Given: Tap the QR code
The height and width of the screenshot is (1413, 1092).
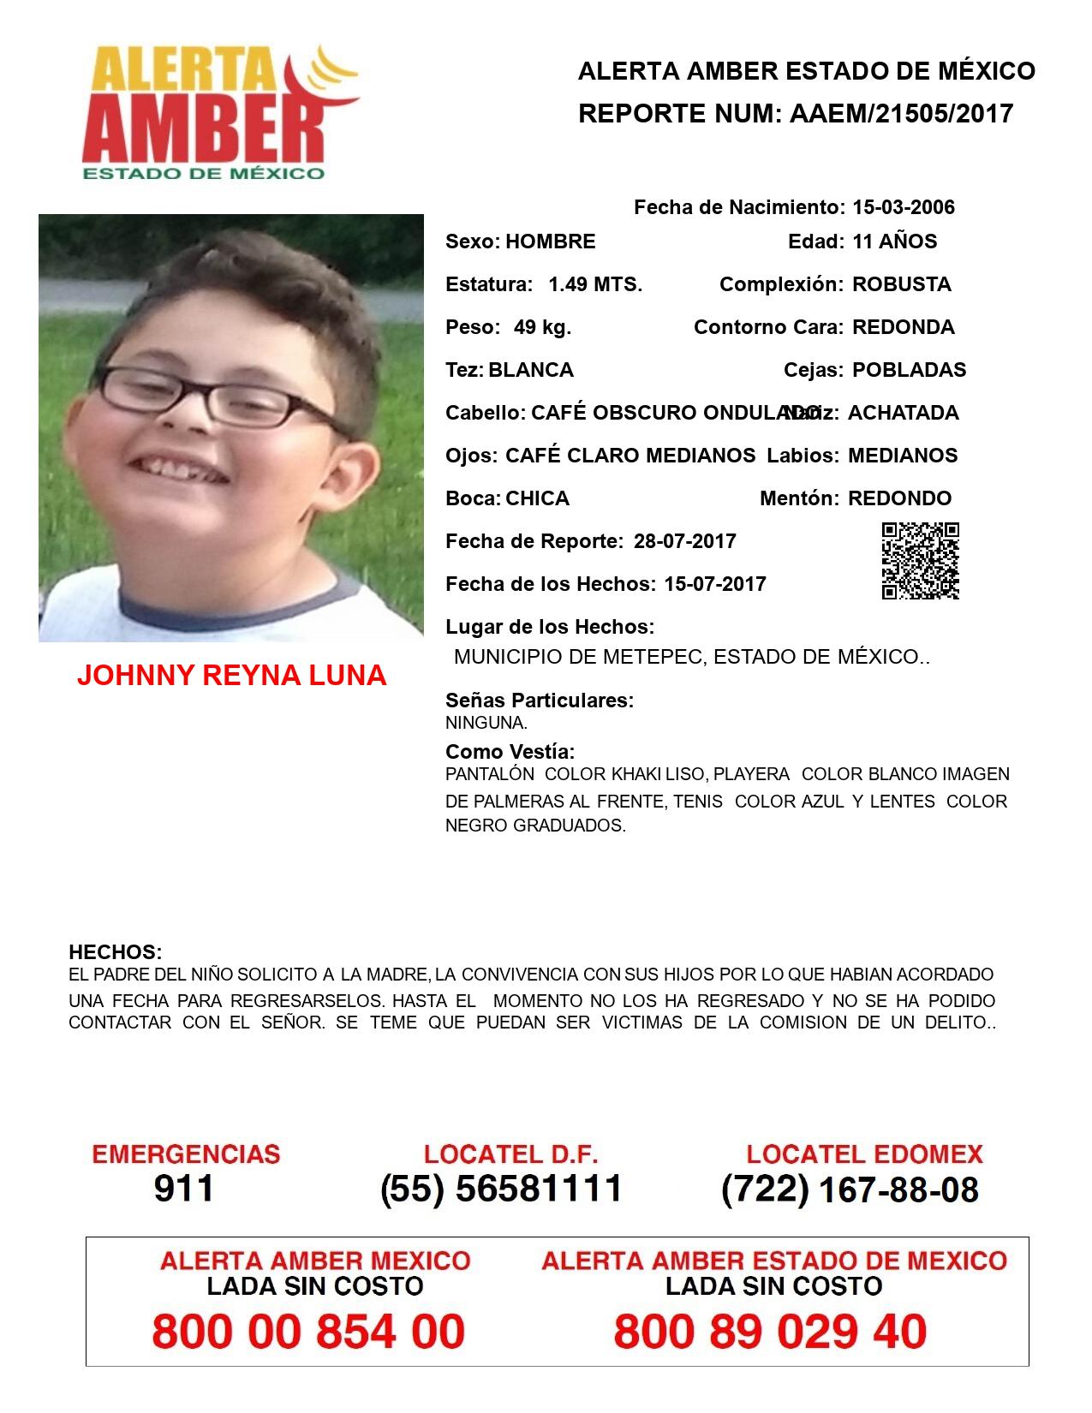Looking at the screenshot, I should coord(920,561).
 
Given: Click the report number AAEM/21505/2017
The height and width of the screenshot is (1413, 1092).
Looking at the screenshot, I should coord(901,113).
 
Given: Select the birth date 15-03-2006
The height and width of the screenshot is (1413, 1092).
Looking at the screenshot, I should coord(903,207).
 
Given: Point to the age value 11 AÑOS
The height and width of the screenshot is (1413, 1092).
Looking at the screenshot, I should coord(894,241).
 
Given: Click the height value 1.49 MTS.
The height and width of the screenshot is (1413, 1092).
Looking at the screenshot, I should coord(595,284).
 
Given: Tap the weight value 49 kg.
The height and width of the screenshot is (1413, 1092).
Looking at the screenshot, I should coord(542,327).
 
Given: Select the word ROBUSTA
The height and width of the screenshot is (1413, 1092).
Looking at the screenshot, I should coord(901,284).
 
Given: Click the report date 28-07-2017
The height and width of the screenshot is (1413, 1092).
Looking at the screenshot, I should coord(684,541).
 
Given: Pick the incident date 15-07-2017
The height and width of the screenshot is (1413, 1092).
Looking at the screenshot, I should coord(714,584).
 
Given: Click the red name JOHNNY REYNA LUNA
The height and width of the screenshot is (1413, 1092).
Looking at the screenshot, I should coord(231,676).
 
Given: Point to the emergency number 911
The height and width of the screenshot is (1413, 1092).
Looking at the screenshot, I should coord(184,1189).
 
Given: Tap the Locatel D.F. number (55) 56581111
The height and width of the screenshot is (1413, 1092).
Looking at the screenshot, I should coord(501,1189).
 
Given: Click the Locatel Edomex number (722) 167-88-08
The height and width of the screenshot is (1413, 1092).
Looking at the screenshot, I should coord(850,1189).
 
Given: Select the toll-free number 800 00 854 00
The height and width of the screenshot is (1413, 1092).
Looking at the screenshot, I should coord(308,1332).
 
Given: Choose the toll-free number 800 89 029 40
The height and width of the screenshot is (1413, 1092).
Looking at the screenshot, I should coord(770,1332).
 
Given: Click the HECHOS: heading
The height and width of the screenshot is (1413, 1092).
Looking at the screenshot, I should coord(115,952).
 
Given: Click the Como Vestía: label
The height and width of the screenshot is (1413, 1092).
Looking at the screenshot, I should coord(510,752).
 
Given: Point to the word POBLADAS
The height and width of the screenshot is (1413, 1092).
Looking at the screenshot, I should coord(909,370).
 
